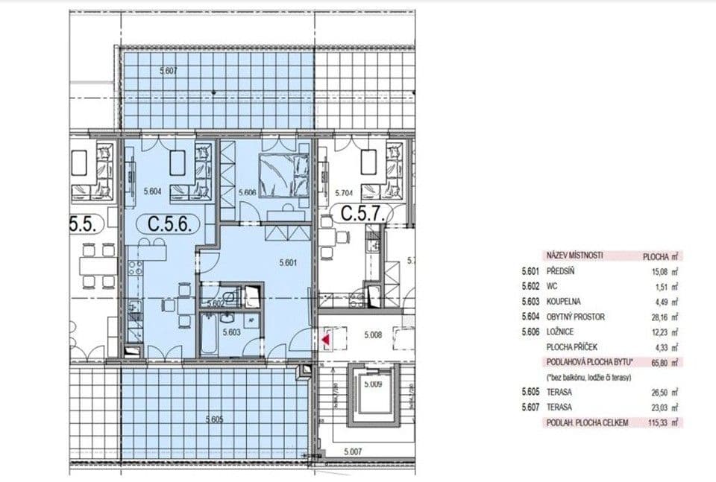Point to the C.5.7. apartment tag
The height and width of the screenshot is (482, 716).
click(362, 215)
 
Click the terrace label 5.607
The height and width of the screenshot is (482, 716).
click(169, 71)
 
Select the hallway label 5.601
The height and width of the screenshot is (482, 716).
click(288, 262)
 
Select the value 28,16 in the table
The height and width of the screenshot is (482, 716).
click(662, 317)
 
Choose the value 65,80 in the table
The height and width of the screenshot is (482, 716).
click(662, 363)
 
